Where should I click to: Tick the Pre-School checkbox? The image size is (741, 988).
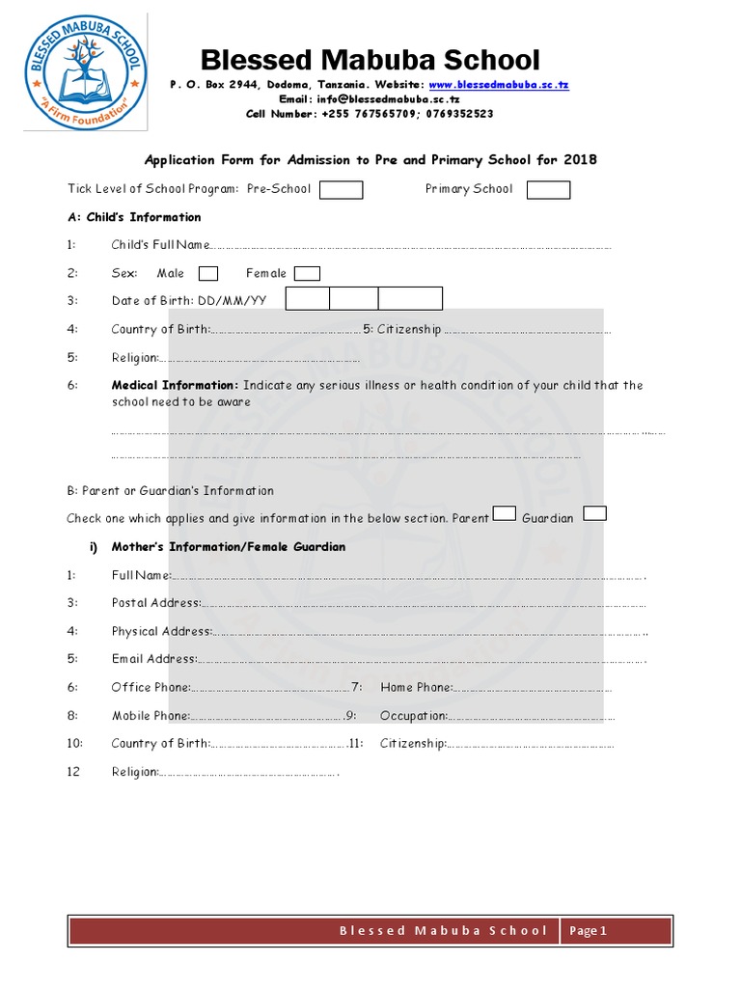pos(341,189)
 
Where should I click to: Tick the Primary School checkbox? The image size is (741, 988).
pos(548,189)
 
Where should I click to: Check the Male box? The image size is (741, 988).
pos(207,273)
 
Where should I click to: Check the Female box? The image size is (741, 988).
pos(307,273)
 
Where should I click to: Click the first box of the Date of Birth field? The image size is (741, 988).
pos(307,299)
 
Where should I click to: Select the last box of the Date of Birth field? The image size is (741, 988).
pos(410,299)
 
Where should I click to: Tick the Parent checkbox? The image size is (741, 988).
pos(505,513)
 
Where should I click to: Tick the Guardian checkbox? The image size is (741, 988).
pos(595,513)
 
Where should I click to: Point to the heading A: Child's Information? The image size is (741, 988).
pos(134,217)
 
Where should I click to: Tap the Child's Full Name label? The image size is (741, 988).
pos(159,245)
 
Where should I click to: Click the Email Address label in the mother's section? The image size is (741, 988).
pos(153,659)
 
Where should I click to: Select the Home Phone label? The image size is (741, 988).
pos(416,687)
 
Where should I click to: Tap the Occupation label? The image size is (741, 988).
pos(413,716)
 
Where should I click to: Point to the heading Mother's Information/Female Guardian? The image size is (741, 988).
pos(229,547)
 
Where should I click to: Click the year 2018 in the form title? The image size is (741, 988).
pos(580,159)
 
